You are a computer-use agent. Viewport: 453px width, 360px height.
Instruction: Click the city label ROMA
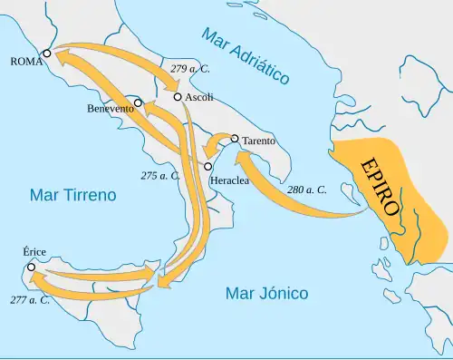24,62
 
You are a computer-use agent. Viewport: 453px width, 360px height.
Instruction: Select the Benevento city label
111,109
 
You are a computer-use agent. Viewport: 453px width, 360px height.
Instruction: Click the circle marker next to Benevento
139,102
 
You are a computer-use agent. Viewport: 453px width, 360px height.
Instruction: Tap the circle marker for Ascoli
178,96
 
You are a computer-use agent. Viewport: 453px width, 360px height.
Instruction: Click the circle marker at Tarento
235,139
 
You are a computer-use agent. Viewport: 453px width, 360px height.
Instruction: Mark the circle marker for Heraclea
208,167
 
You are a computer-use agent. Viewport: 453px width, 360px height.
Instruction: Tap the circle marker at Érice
32,268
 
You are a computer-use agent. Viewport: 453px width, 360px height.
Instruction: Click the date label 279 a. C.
188,70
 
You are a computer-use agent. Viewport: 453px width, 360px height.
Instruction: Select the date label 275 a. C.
160,175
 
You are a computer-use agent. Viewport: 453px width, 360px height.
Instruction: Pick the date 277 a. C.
30,299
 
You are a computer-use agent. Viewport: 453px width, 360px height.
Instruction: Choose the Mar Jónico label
266,294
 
